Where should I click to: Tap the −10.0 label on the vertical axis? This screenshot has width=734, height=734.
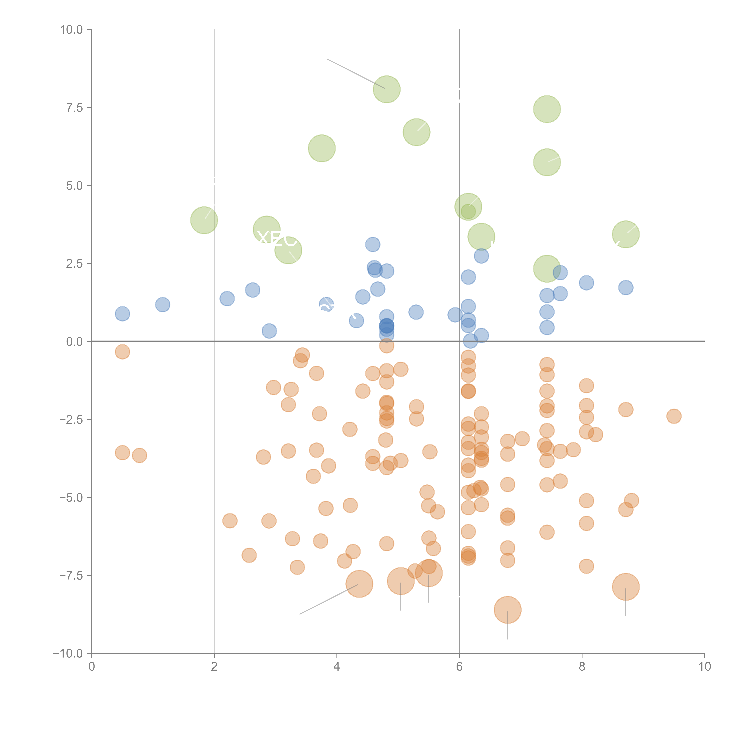[x=68, y=653]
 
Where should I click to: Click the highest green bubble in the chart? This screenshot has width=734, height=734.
[x=386, y=89]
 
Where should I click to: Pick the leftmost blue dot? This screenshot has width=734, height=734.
[x=122, y=314]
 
